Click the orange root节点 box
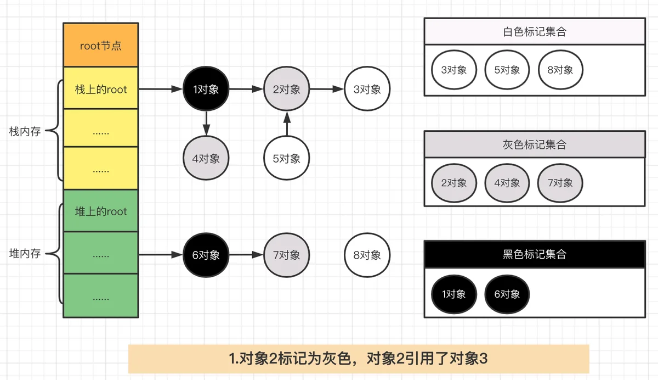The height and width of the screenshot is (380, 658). tap(101, 45)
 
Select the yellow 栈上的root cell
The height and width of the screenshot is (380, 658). tap(101, 88)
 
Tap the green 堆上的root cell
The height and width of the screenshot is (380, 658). tap(101, 210)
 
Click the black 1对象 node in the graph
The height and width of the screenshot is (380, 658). tap(206, 89)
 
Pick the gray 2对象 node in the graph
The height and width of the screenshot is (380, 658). tap(286, 89)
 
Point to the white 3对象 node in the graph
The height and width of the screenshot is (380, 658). tap(367, 89)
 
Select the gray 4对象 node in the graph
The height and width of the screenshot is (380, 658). tap(206, 158)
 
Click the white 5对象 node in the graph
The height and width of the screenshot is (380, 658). tap(286, 158)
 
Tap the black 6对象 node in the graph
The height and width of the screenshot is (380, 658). tap(206, 255)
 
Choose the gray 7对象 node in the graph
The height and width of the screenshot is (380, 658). tap(286, 255)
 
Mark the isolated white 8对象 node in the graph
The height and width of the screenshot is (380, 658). tap(367, 255)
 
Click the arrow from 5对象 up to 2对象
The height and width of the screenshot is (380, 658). tap(287, 124)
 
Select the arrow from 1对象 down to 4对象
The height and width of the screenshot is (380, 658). tap(206, 124)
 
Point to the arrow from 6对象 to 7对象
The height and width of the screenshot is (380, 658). tap(246, 255)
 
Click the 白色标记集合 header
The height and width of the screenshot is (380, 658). tap(535, 31)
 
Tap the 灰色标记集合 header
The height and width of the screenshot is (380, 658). tap(535, 144)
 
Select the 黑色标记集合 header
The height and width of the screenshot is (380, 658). tap(535, 254)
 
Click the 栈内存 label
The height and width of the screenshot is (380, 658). tap(25, 131)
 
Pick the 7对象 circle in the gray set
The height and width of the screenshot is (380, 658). tap(560, 183)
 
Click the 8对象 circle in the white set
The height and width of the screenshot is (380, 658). tap(560, 70)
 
